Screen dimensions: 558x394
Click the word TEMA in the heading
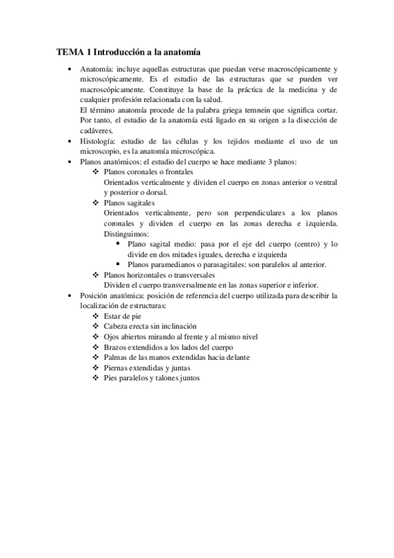(66, 51)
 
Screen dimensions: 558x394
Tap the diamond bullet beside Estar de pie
(96, 316)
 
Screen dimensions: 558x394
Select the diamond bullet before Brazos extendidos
(96, 347)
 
